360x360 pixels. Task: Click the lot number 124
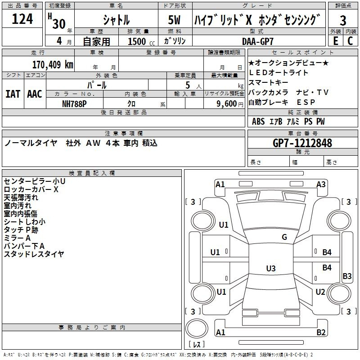click(22, 20)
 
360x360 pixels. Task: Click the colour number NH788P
click(75, 103)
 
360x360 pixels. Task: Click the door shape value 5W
click(175, 20)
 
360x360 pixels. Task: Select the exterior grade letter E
click(335, 41)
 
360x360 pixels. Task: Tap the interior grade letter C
click(350, 41)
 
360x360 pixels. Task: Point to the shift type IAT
click(13, 94)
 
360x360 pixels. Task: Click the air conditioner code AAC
click(35, 94)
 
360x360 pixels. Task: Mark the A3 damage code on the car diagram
click(321, 184)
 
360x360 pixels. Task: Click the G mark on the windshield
click(284, 237)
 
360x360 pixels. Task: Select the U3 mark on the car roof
click(270, 269)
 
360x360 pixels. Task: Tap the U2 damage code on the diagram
click(320, 292)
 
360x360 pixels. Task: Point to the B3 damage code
click(347, 276)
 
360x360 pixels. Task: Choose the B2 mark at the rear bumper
click(321, 333)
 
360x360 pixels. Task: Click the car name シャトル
click(116, 20)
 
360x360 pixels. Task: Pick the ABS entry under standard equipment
click(258, 121)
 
